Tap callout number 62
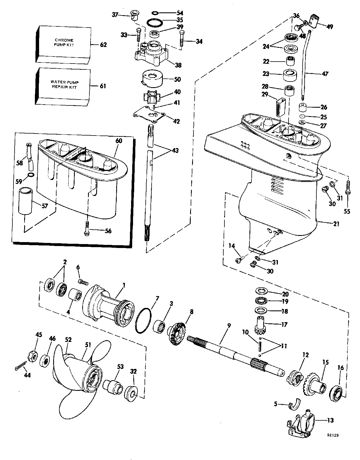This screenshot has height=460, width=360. pyautogui.click(x=103, y=45)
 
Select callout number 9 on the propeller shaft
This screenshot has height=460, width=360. pyautogui.click(x=229, y=326)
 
